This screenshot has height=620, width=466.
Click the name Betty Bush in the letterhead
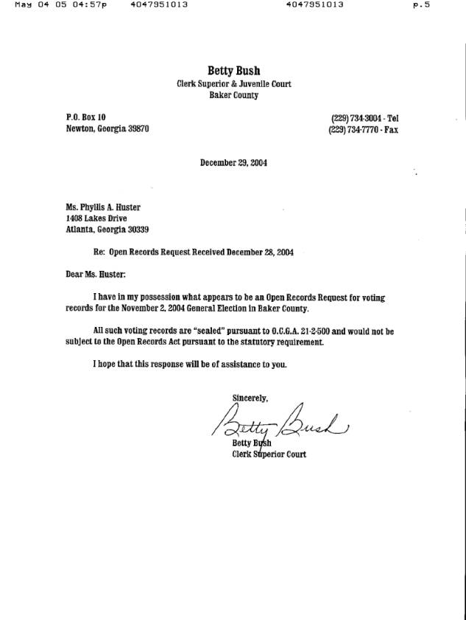[233, 71]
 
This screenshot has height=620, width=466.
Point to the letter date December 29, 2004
[233, 163]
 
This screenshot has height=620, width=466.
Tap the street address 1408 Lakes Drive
[96, 218]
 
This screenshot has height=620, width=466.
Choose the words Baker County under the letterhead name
[233, 95]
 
